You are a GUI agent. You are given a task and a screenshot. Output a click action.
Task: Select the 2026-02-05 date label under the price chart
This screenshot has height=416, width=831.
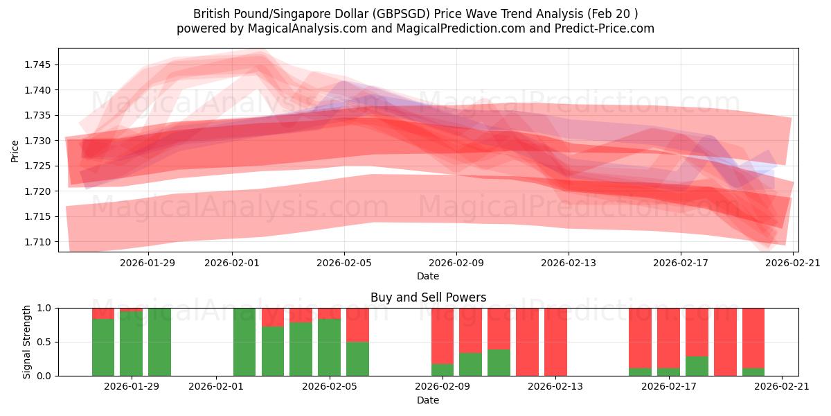344,263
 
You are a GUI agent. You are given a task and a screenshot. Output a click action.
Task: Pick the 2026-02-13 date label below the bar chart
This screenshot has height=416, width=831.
555,387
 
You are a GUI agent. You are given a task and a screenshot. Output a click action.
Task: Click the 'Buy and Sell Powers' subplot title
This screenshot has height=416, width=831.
428,297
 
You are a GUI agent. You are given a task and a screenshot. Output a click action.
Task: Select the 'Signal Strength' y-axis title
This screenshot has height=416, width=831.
27,342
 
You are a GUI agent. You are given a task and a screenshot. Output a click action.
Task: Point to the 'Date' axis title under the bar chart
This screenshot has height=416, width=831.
428,400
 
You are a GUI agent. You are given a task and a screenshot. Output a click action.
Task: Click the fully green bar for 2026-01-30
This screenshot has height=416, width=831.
159,342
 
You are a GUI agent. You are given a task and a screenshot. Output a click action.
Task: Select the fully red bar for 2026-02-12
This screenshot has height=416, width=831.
527,342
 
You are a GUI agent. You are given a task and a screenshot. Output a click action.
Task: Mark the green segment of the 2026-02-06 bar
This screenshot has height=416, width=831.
357,358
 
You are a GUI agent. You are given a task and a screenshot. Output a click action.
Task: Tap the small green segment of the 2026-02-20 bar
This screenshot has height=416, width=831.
753,372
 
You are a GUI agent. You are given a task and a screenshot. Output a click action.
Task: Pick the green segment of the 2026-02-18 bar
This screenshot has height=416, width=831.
697,366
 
